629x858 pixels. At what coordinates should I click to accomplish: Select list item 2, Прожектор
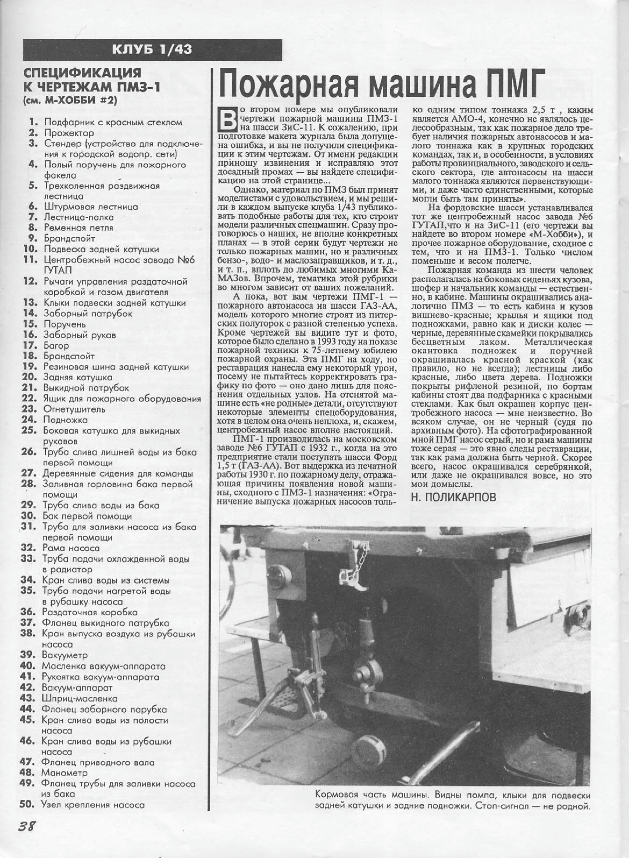pyautogui.click(x=69, y=133)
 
